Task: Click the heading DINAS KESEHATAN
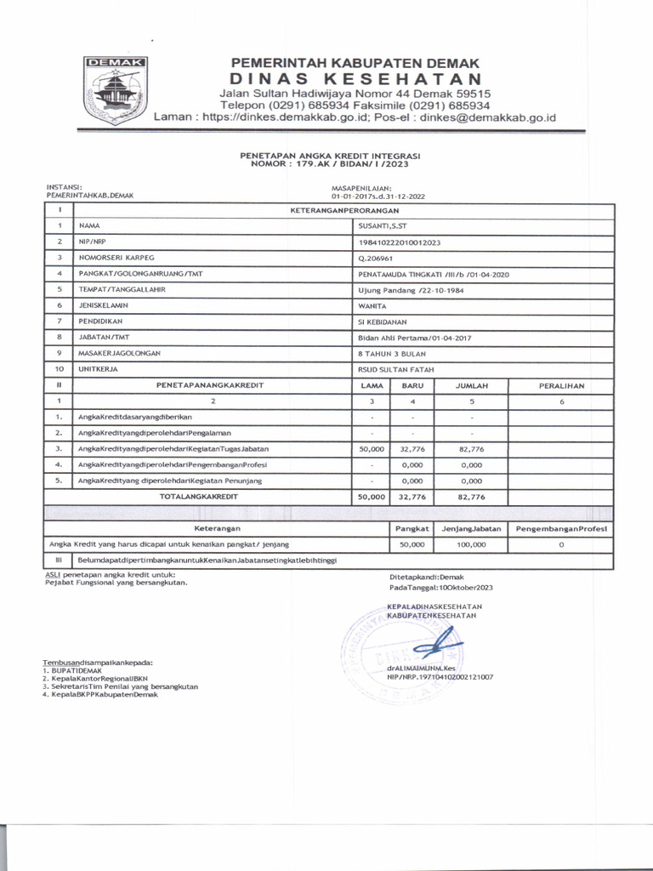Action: (349, 78)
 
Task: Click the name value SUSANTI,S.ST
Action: (383, 226)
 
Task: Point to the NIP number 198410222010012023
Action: (400, 242)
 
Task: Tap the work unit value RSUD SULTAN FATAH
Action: (392, 370)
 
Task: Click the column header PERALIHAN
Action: (561, 385)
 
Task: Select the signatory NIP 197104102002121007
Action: (440, 678)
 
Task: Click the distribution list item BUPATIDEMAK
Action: (77, 670)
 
